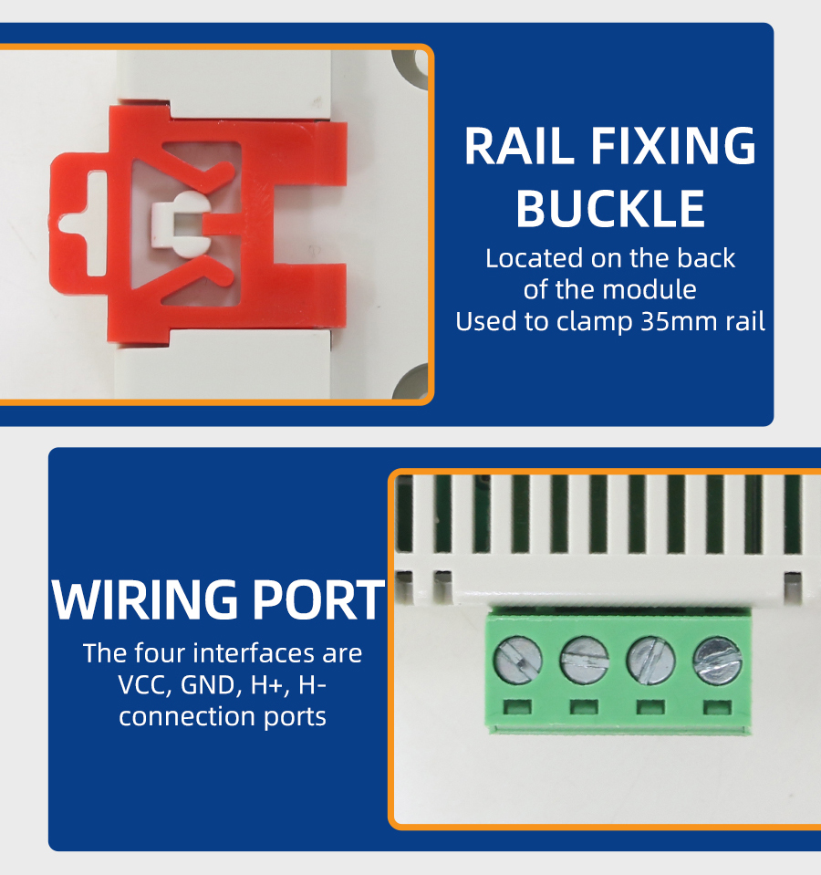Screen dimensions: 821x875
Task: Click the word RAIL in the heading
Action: click(x=519, y=146)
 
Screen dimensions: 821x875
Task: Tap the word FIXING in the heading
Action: click(x=672, y=146)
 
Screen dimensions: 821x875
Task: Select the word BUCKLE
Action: click(x=610, y=208)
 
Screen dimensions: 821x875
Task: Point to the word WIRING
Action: click(x=145, y=599)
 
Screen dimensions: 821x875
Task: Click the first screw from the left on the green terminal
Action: click(x=517, y=661)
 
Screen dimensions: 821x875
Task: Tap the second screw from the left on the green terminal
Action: click(x=584, y=660)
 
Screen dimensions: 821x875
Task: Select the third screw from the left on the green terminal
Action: click(x=650, y=661)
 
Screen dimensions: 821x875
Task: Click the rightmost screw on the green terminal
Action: click(x=717, y=661)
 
